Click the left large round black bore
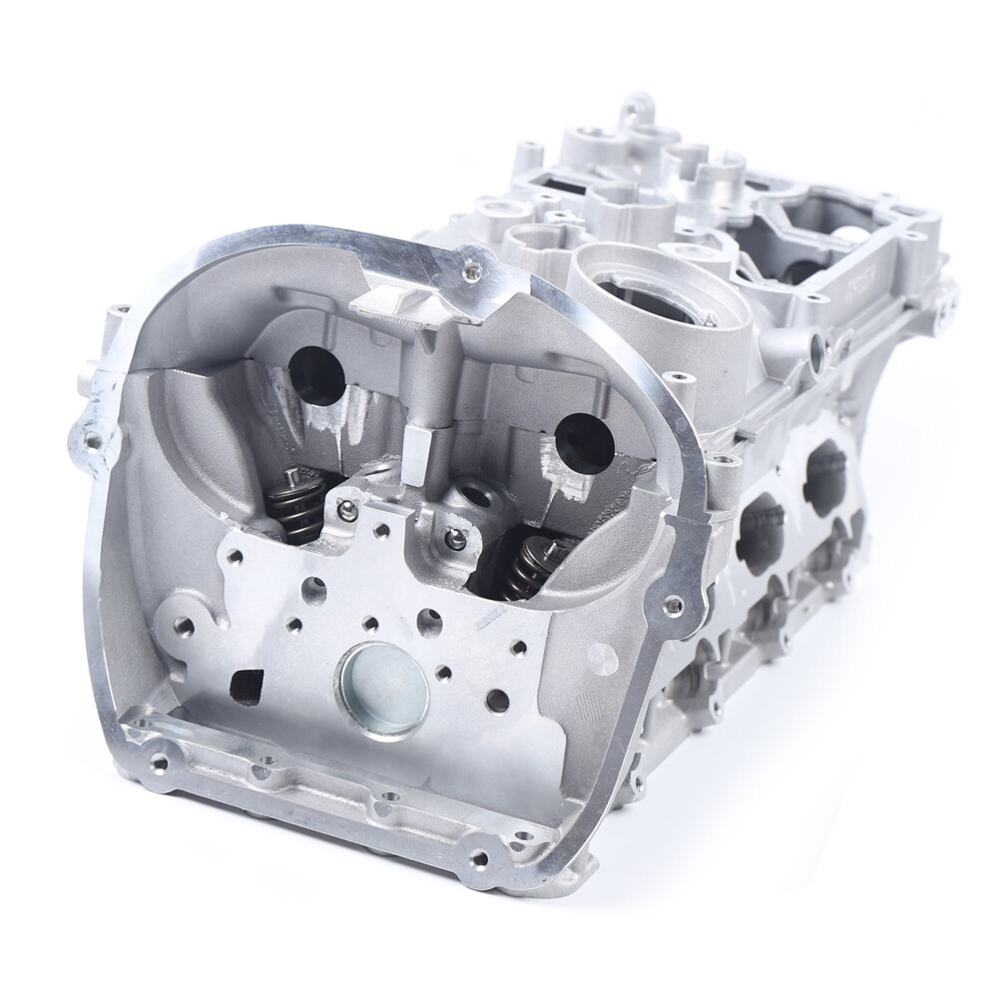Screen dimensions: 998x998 316,374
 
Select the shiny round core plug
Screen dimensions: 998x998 382,690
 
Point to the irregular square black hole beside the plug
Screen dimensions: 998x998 244,683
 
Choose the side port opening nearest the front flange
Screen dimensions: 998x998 761,529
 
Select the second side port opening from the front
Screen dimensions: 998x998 825,478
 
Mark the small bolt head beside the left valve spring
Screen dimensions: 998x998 347,511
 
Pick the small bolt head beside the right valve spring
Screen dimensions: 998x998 455,540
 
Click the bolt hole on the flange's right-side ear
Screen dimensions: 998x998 674,604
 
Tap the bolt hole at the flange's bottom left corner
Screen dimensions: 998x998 157,763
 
